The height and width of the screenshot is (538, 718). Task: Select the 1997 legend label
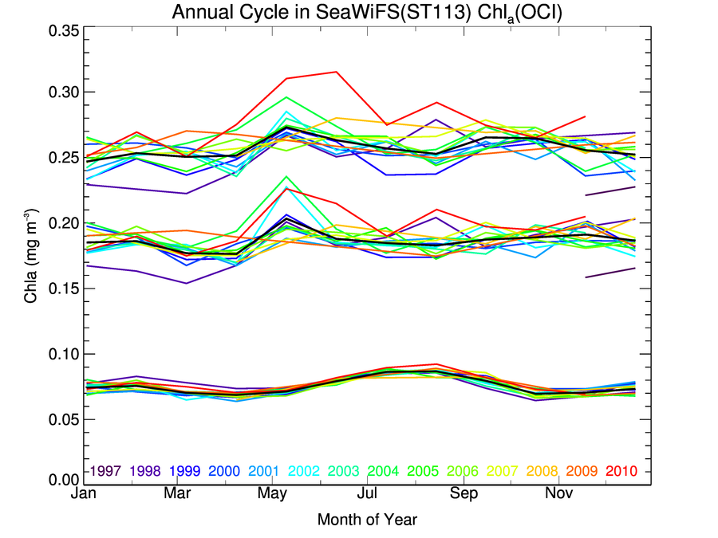pos(105,472)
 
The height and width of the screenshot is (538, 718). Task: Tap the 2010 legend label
pos(621,472)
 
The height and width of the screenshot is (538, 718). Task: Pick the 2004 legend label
pos(384,472)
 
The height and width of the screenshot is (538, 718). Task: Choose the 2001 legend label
pos(264,472)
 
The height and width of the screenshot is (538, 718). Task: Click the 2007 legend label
pos(503,472)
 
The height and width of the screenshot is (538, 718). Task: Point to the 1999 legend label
pos(184,472)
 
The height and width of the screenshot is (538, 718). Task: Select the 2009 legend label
pos(582,472)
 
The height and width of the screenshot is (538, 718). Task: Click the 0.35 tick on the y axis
pos(60,32)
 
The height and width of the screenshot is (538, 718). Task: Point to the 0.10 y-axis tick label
pos(60,353)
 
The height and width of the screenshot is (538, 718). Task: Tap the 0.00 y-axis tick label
pos(60,480)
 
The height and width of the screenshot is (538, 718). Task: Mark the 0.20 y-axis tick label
pos(60,222)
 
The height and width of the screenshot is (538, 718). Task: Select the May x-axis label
pos(273,496)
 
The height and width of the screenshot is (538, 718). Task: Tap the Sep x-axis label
pos(462,496)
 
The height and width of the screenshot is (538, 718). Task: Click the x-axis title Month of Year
pos(367,520)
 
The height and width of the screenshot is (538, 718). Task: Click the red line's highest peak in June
pos(336,72)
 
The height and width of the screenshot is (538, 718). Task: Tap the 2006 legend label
pos(463,472)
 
